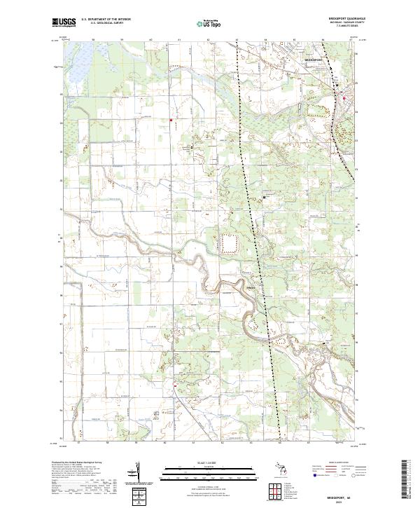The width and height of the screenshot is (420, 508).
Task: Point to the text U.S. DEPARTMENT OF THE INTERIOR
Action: tap(106, 19)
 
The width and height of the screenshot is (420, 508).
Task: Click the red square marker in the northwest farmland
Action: tap(170, 120)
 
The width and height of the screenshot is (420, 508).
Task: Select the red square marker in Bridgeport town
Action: tap(344, 97)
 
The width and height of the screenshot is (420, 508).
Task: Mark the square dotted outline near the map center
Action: tap(230, 244)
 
